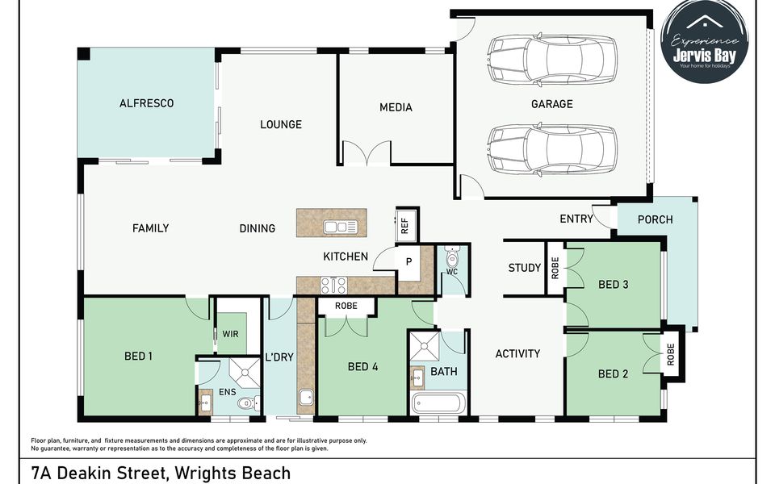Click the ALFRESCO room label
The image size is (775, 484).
click(x=146, y=103)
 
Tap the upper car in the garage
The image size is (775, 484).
click(x=551, y=58)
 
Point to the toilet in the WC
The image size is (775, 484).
click(x=452, y=258)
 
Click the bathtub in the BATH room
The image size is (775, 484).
click(x=438, y=403)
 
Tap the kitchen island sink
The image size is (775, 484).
click(x=341, y=227)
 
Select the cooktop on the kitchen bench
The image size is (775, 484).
click(x=334, y=285)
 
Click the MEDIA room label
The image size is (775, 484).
click(x=396, y=107)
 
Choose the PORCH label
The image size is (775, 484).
click(x=655, y=219)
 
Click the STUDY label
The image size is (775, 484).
click(x=525, y=268)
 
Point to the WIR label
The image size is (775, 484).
click(x=230, y=333)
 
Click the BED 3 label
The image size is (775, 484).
click(x=614, y=284)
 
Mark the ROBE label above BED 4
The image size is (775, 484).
click(x=346, y=307)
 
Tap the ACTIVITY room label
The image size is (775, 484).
click(x=517, y=353)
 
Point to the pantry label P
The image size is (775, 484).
click(x=409, y=261)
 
